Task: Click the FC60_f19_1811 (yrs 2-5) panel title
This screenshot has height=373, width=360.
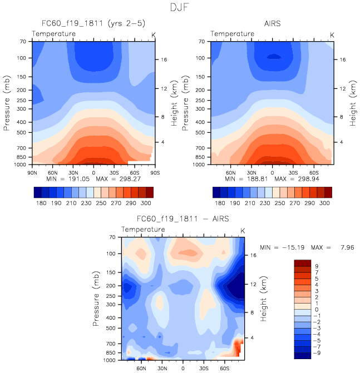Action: pyautogui.click(x=92, y=24)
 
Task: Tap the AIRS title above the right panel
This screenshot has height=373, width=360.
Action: pyautogui.click(x=273, y=24)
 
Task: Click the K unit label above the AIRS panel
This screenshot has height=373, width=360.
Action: pyautogui.click(x=332, y=34)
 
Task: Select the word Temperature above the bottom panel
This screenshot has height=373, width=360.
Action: pyautogui.click(x=144, y=230)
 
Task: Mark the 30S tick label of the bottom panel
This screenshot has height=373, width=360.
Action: pyautogui.click(x=203, y=369)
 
